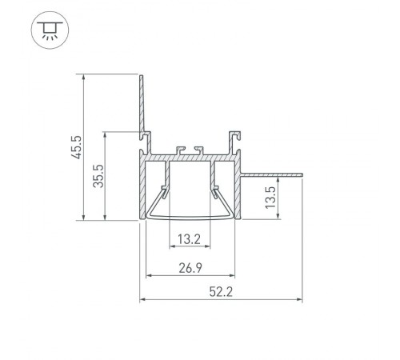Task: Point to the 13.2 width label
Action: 190,238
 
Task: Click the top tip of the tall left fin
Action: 142,76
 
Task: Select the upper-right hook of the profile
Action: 236,133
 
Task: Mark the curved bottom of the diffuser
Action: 190,216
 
